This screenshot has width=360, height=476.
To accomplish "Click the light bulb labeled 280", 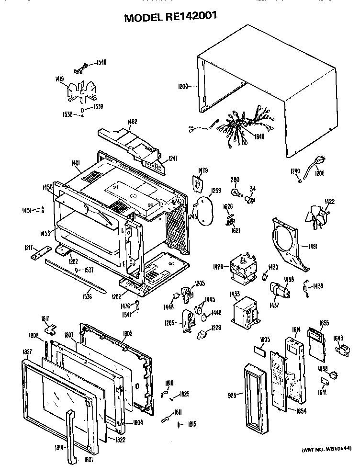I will coord(235,193).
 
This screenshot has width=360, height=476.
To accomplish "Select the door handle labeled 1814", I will coord(70,436).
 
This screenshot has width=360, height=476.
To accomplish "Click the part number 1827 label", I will coord(27,352).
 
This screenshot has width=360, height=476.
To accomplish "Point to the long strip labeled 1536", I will coord(74,278).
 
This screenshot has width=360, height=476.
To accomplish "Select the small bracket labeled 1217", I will coord(42,253).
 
